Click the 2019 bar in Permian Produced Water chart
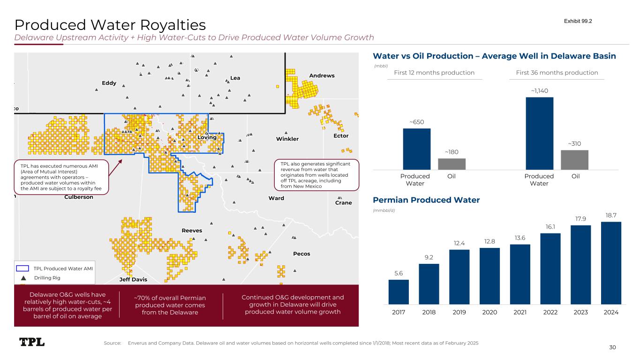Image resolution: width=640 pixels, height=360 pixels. [459, 277]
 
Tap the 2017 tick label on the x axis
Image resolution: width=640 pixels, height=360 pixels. [399, 312]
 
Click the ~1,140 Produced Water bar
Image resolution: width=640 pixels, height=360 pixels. [539, 133]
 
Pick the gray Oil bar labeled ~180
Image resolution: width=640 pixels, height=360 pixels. [452, 164]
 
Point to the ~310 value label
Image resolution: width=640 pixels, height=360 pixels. [574, 143]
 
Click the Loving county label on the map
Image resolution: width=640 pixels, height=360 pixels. [207, 137]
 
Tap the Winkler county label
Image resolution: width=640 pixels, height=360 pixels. [287, 139]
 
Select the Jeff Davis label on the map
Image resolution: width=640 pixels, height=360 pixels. [133, 279]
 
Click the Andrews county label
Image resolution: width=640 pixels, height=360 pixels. [322, 75]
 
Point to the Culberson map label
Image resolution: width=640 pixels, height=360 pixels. [78, 197]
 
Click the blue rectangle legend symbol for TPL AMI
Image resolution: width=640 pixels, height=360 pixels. [23, 268]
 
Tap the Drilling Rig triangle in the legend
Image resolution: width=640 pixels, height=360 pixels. [23, 278]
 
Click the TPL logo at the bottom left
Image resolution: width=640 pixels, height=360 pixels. [32, 342]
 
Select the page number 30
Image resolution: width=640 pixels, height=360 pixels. [612, 347]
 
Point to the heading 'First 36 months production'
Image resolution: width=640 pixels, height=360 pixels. [557, 73]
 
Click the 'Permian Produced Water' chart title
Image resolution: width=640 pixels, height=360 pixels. [426, 200]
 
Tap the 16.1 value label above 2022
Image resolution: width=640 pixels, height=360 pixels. [550, 226]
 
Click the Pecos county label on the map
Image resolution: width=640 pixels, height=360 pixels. [301, 254]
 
